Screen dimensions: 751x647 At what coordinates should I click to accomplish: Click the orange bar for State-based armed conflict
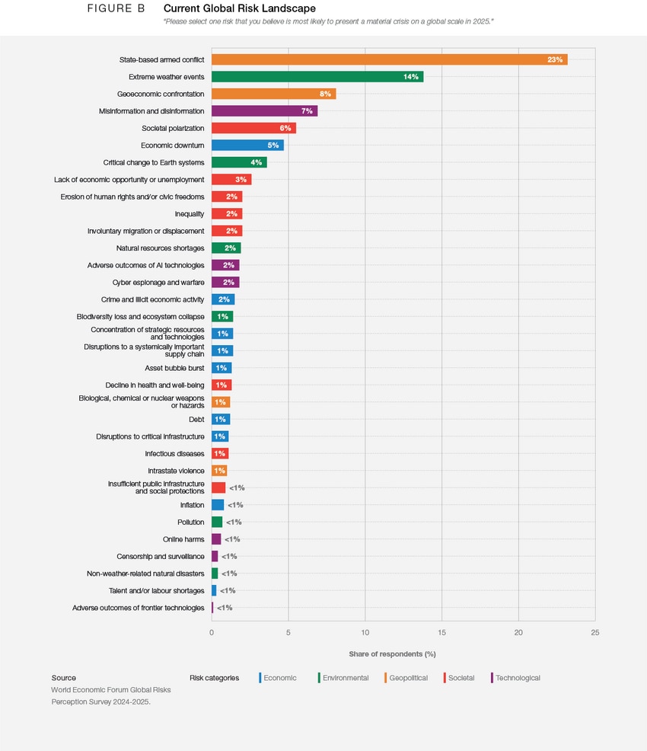389,59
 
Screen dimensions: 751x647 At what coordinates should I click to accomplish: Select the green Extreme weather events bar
317,77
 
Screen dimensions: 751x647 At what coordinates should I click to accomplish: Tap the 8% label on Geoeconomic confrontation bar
325,94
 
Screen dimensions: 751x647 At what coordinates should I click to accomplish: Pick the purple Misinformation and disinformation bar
264,111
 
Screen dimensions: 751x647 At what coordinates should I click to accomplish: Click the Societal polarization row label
173,128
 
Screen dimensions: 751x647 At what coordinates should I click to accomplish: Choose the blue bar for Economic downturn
247,145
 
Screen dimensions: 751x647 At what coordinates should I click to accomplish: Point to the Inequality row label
190,214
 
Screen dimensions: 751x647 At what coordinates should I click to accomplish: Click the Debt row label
196,420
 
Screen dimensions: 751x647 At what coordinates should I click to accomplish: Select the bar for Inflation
218,505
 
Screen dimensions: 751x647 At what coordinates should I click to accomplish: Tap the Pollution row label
191,523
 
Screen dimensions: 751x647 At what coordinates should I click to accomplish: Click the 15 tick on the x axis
442,632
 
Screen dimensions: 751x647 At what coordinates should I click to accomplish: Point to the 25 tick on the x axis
595,632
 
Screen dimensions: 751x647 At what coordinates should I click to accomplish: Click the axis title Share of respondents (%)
392,654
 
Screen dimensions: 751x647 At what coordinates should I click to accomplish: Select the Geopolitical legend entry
408,678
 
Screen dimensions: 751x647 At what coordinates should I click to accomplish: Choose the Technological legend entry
518,678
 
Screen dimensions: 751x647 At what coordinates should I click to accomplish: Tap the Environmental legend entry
345,678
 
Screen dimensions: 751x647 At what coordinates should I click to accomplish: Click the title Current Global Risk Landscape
240,8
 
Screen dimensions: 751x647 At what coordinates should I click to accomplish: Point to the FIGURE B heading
116,8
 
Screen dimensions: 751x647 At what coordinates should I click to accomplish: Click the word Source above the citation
64,678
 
